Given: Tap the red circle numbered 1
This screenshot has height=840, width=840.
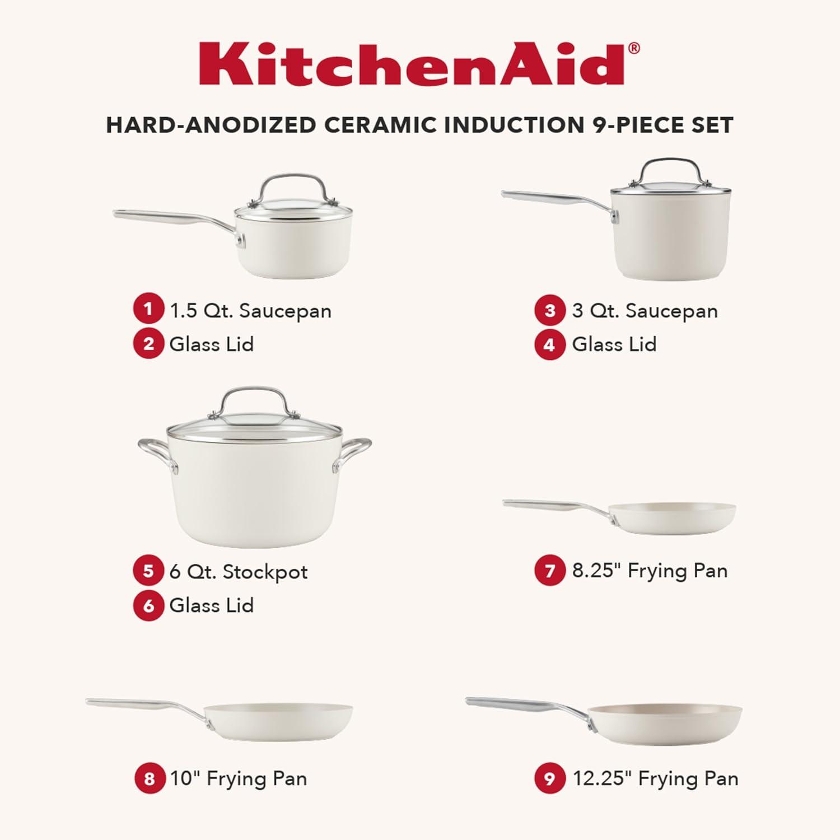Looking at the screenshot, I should (148, 309).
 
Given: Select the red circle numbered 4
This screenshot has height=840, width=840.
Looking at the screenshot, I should (550, 344).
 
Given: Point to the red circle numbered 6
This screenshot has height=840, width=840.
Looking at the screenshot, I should (148, 605).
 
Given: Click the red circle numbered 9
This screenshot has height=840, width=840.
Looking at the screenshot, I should (550, 778).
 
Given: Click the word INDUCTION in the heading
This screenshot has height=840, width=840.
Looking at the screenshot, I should (515, 125).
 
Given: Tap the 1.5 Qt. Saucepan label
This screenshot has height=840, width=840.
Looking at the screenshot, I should (250, 311).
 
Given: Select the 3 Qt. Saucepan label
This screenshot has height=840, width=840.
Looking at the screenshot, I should (645, 311).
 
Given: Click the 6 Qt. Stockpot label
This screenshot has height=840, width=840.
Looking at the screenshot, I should (239, 572).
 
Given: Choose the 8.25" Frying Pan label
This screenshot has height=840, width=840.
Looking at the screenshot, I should (650, 571).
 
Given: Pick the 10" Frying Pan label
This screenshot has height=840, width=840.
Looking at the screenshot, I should (239, 778).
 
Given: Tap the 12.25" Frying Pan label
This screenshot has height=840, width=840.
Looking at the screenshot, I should (655, 778).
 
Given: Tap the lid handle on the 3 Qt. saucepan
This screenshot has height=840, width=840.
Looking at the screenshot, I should (670, 166).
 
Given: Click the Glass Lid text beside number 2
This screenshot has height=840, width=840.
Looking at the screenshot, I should (212, 344).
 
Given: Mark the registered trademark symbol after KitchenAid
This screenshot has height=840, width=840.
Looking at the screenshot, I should (634, 48).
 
